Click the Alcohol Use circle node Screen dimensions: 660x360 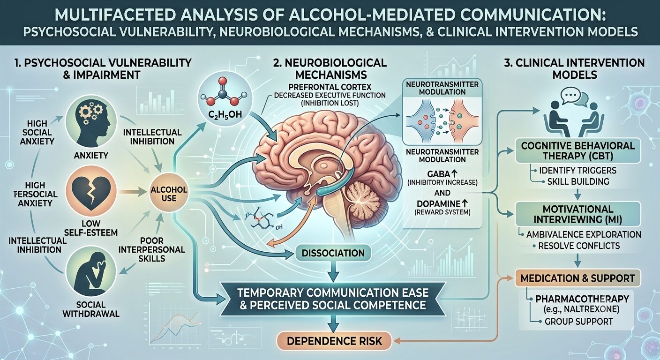(168, 194)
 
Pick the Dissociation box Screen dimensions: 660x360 (333, 253)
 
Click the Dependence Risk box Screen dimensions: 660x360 (334, 341)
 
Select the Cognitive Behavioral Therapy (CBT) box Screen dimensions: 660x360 (578, 151)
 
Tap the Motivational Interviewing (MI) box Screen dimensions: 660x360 (578, 214)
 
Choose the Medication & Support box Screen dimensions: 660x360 (577, 278)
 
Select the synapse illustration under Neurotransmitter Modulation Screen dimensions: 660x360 (442, 121)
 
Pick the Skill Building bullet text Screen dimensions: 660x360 (578, 181)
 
